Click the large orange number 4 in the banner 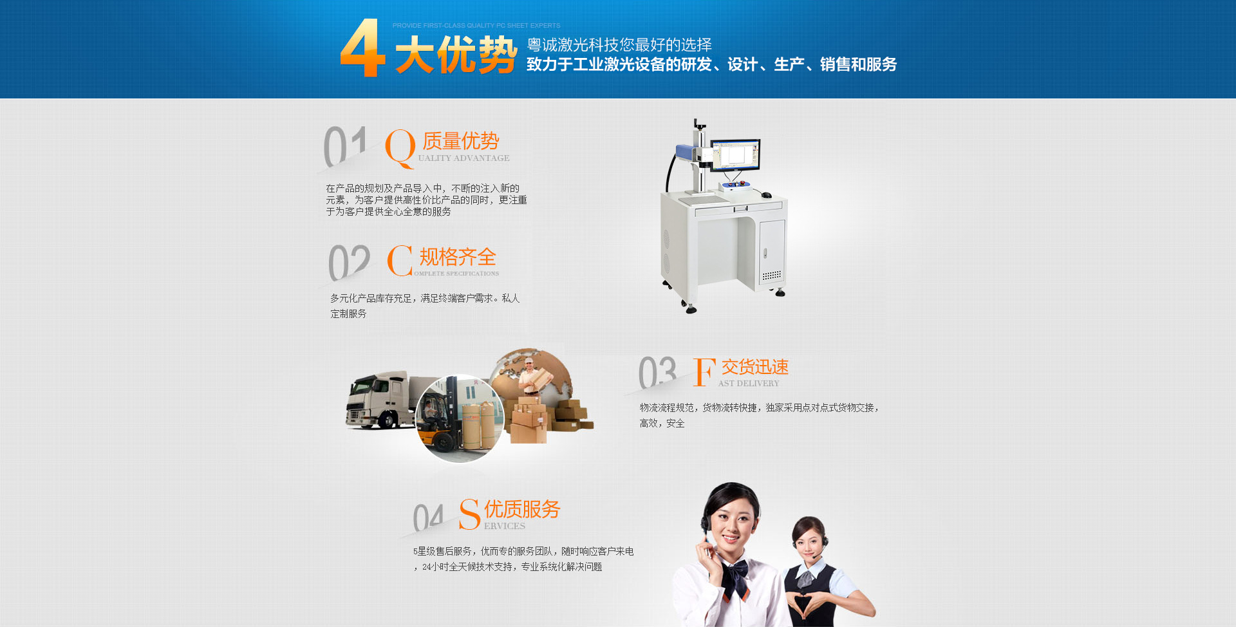[x=362, y=48]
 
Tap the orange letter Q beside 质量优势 [x=400, y=147]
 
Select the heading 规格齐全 [x=458, y=257]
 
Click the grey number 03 [x=657, y=373]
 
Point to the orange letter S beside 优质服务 [x=469, y=514]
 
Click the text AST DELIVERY [x=749, y=384]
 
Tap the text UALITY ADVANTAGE [x=464, y=158]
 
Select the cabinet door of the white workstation [x=771, y=251]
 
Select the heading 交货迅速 [x=754, y=368]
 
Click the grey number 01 [x=345, y=146]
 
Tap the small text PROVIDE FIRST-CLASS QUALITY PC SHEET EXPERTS [x=476, y=26]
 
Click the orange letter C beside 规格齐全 [x=400, y=261]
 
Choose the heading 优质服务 [x=522, y=509]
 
